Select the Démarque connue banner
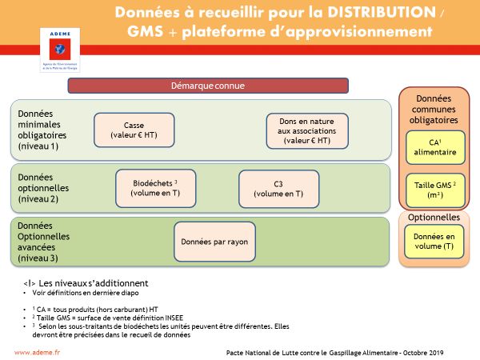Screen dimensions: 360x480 [208, 86]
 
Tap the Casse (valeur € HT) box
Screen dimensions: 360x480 [134, 132]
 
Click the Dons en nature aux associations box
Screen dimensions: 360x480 [306, 131]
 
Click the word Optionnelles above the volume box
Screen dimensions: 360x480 [434, 217]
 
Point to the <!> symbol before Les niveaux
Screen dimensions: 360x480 [29, 283]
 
